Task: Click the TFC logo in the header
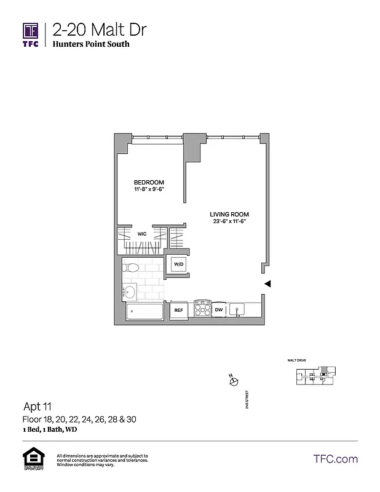click(31, 34)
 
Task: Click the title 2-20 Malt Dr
click(99, 30)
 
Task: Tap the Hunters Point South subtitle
click(90, 44)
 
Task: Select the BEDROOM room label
click(149, 182)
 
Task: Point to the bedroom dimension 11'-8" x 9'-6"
click(149, 189)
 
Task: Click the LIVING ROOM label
click(229, 214)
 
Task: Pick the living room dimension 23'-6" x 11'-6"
click(229, 221)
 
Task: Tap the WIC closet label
click(141, 234)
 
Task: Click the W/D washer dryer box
click(178, 264)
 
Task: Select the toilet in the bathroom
click(131, 267)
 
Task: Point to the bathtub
click(145, 312)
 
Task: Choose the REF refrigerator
click(179, 311)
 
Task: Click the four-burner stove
click(202, 309)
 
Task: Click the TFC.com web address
click(336, 459)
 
